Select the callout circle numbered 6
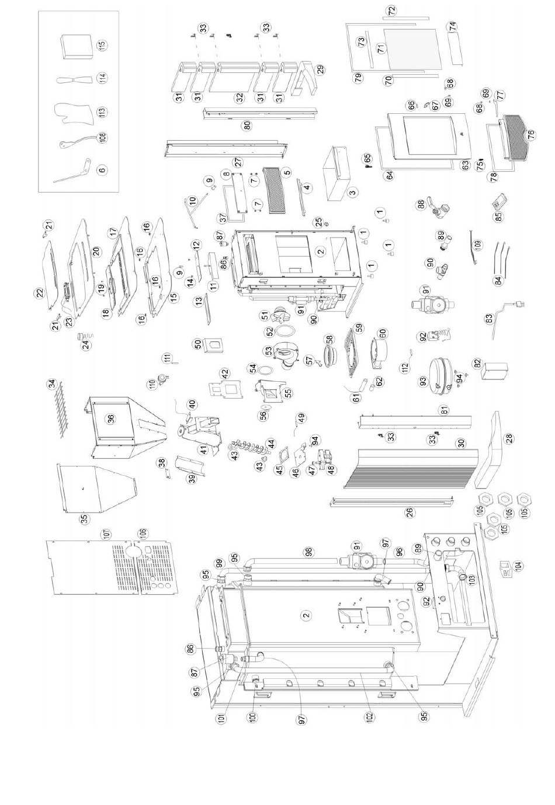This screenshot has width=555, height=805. (x=102, y=170)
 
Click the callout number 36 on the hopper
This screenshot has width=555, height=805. (x=110, y=418)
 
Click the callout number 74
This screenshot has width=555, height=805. (x=453, y=27)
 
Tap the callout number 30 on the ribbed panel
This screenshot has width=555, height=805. (x=461, y=443)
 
